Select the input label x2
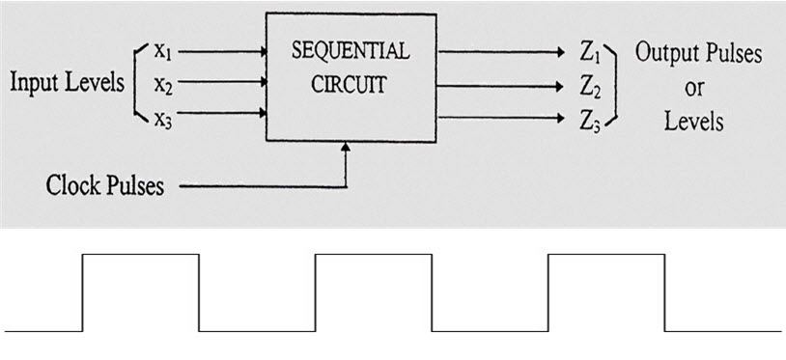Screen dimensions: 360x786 (161, 85)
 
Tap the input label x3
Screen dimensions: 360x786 (161, 118)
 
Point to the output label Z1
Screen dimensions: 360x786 (591, 52)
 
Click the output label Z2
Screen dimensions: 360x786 (591, 86)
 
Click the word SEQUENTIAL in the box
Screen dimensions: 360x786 (350, 51)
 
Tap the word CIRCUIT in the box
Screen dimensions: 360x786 (349, 84)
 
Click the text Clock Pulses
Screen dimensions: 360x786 (105, 184)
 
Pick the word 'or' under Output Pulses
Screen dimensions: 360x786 (694, 88)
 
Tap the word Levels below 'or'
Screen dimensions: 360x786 (694, 121)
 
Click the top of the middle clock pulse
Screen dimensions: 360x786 (373, 255)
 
